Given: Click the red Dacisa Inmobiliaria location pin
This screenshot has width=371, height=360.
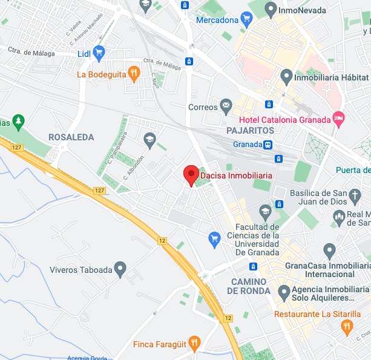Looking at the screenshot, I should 191,175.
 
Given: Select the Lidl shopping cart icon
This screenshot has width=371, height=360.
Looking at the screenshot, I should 99,53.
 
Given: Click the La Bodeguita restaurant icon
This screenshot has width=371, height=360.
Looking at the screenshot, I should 134,74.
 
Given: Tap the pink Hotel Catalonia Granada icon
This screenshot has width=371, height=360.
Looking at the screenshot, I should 339,119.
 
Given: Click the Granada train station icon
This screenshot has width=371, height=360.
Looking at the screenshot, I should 268,145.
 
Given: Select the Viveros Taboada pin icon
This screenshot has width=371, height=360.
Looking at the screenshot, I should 120,269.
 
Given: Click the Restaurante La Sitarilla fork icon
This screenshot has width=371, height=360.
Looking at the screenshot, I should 346,327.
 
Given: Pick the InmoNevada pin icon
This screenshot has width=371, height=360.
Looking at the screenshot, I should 271,9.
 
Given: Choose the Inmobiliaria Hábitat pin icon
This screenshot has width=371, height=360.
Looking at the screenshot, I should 287,77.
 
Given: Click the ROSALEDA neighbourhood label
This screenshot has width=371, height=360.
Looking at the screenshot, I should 71,137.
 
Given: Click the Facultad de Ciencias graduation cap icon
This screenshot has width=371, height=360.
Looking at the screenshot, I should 264,211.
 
